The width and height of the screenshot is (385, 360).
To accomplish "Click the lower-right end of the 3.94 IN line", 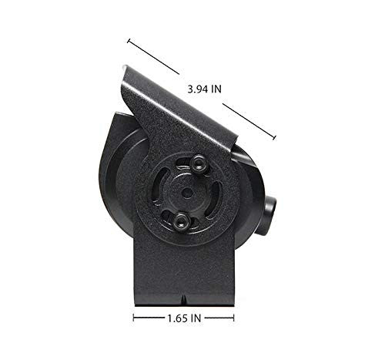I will (275, 139).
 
